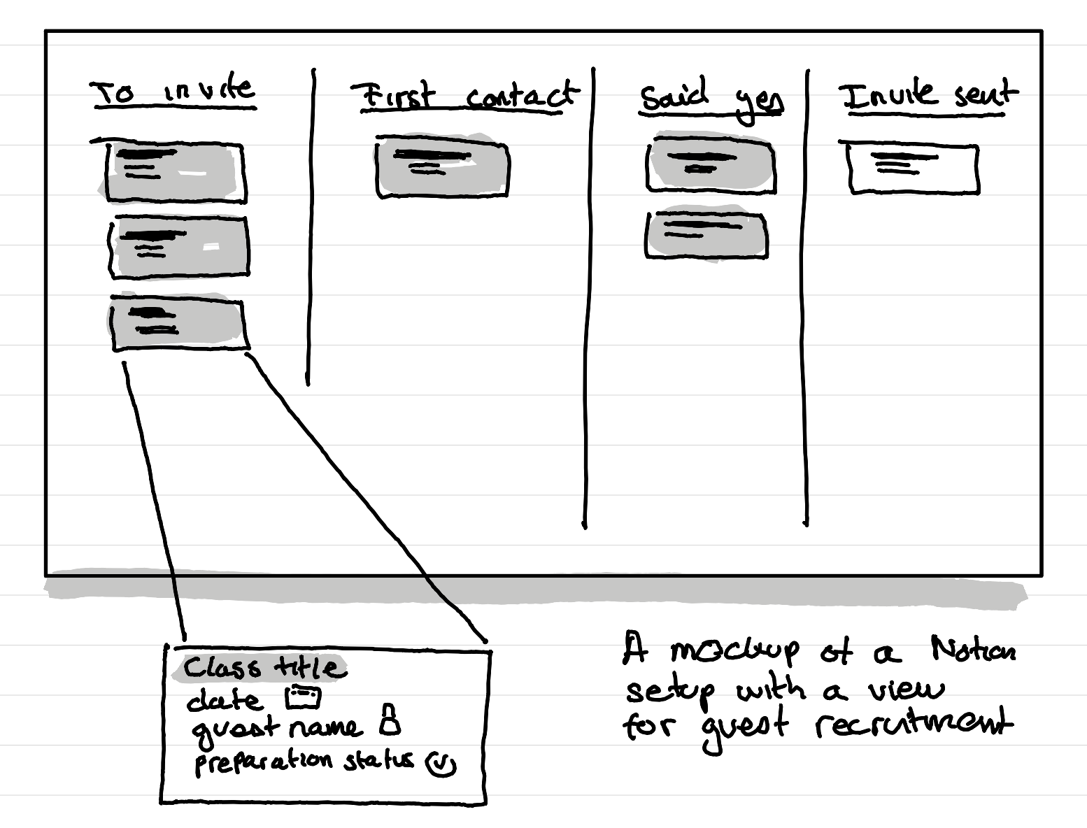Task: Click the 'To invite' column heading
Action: point(173,92)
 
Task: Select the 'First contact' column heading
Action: point(464,96)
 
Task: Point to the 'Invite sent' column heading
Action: point(928,95)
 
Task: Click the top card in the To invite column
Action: point(175,172)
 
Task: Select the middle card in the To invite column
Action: point(180,247)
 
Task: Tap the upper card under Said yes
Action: point(711,165)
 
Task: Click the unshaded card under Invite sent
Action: point(913,169)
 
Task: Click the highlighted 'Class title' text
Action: point(260,668)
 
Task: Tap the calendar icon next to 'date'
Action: point(303,697)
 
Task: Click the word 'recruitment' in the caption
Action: point(913,724)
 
